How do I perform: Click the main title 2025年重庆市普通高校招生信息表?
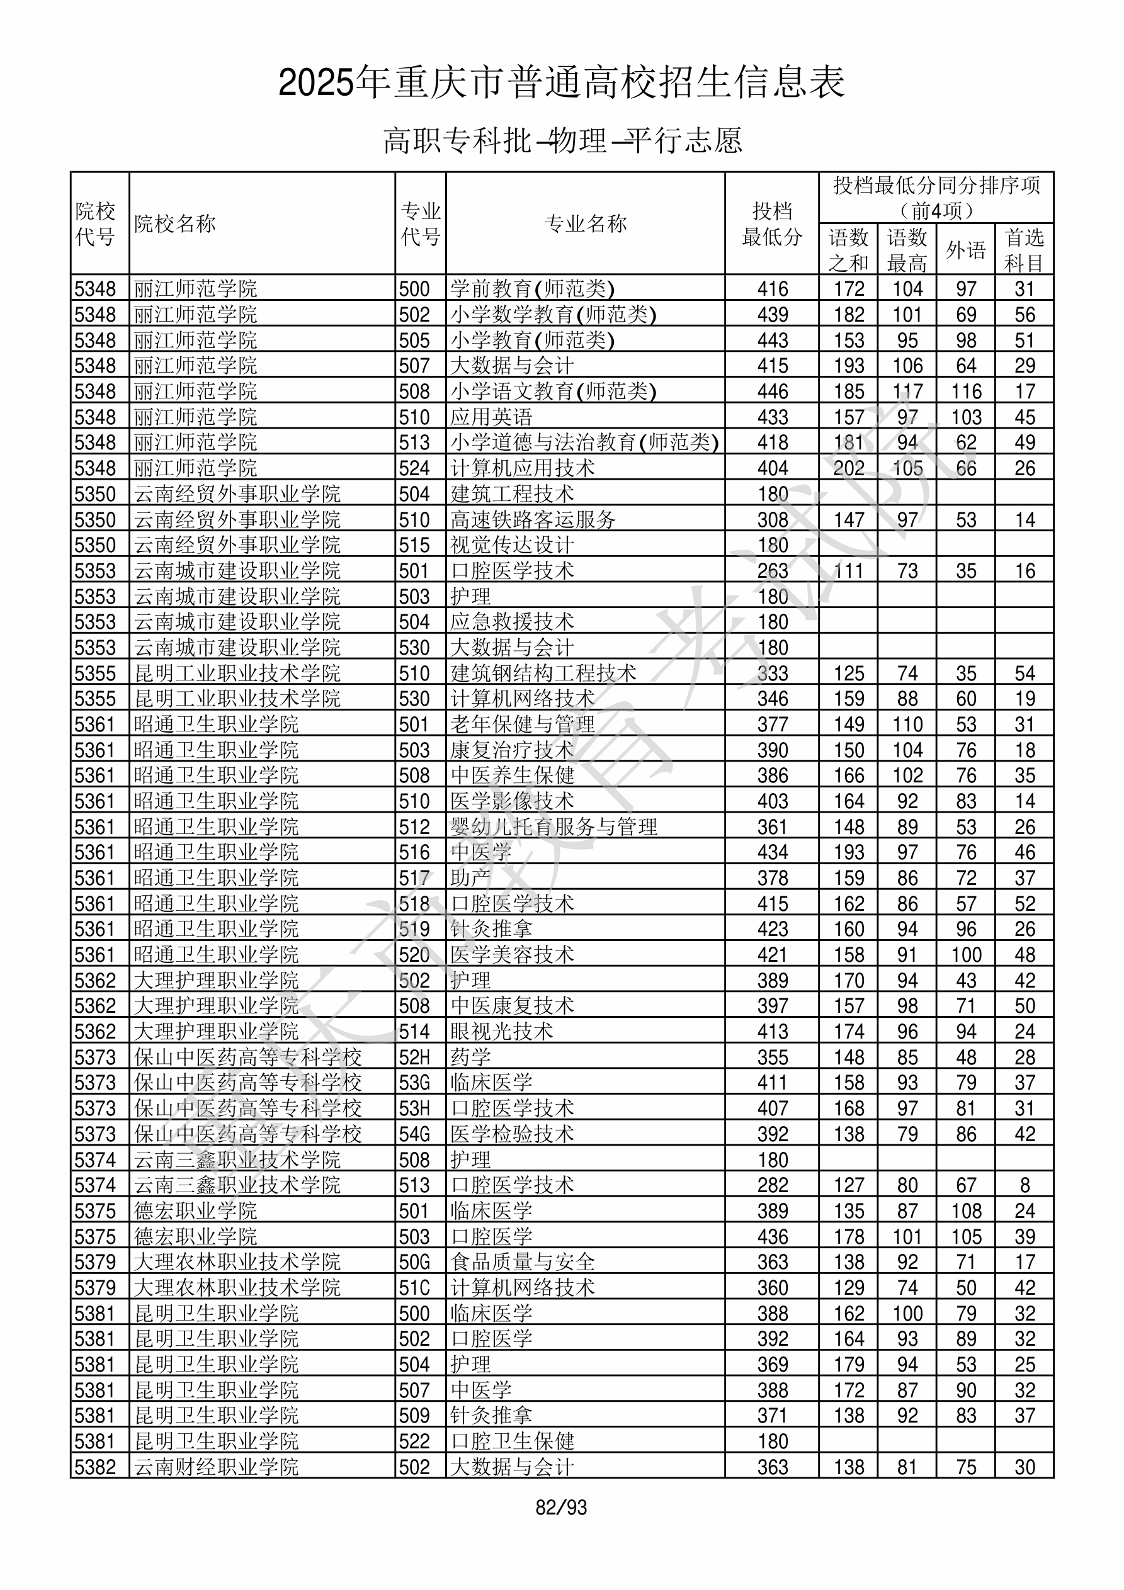pyautogui.click(x=561, y=83)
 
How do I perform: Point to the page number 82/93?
pyautogui.click(x=561, y=1508)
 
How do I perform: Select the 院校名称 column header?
pyautogui.click(x=175, y=223)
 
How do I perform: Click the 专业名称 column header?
pyautogui.click(x=586, y=223)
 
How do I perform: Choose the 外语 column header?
pyautogui.click(x=965, y=250)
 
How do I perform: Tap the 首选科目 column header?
pyautogui.click(x=1025, y=250)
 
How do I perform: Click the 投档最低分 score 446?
pyautogui.click(x=773, y=392)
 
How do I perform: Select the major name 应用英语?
pyautogui.click(x=491, y=417)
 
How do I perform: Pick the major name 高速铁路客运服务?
pyautogui.click(x=533, y=519)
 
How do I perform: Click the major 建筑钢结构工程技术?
pyautogui.click(x=543, y=673)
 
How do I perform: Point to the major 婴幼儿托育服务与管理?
pyautogui.click(x=553, y=827)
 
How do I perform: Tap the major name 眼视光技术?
pyautogui.click(x=502, y=1032)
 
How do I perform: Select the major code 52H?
pyautogui.click(x=414, y=1057)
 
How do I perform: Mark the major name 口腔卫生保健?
pyautogui.click(x=512, y=1442)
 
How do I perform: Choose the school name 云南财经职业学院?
pyautogui.click(x=216, y=1467)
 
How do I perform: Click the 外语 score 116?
pyautogui.click(x=966, y=392)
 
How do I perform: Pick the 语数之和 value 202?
pyautogui.click(x=849, y=469)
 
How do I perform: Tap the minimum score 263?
pyautogui.click(x=773, y=572)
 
